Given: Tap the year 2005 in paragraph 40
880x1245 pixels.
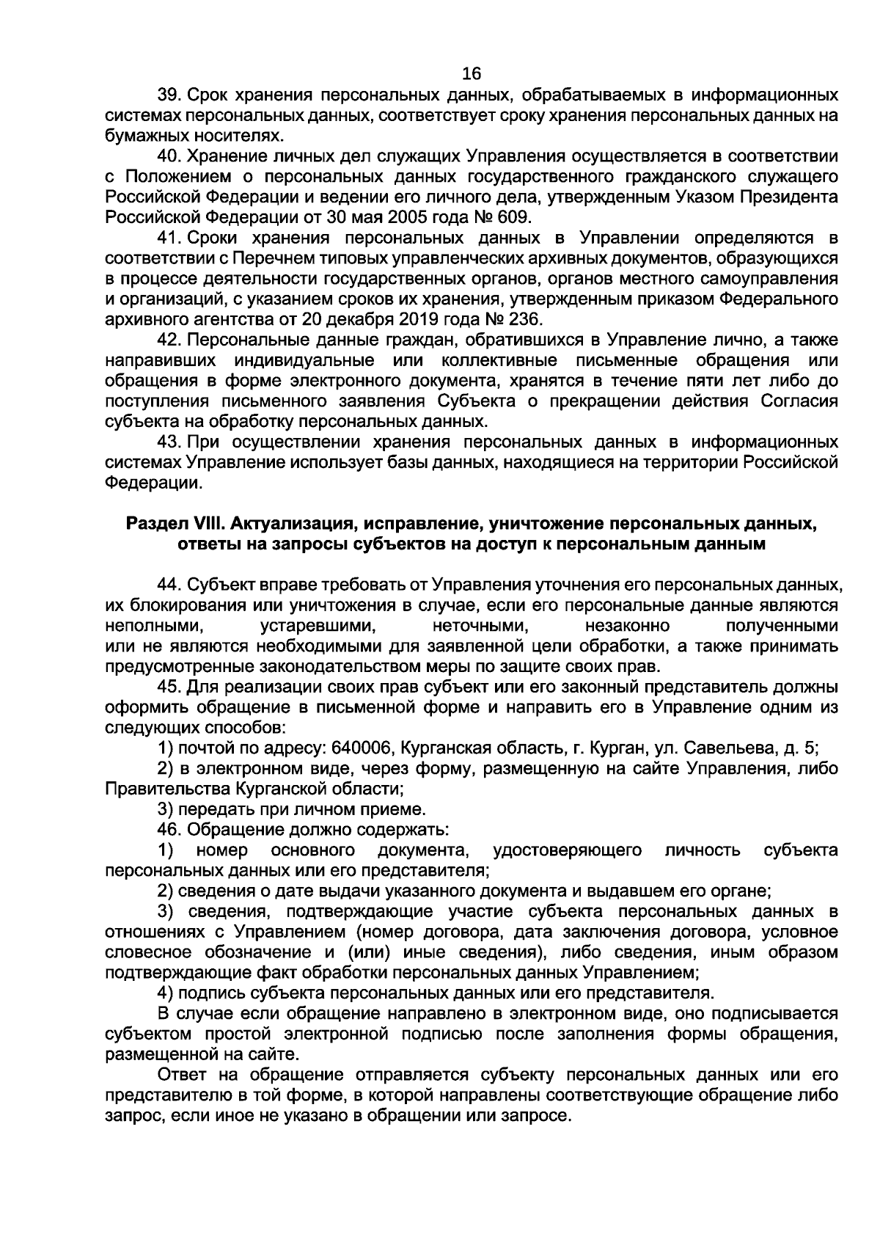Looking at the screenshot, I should click(x=389, y=217).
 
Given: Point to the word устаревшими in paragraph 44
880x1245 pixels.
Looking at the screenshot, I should click(x=318, y=626).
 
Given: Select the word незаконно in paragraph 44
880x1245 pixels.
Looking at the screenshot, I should click(x=627, y=626).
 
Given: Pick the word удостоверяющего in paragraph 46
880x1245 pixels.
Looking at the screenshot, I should click(x=568, y=850).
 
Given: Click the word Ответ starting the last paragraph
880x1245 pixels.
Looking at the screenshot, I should click(x=182, y=1075).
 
